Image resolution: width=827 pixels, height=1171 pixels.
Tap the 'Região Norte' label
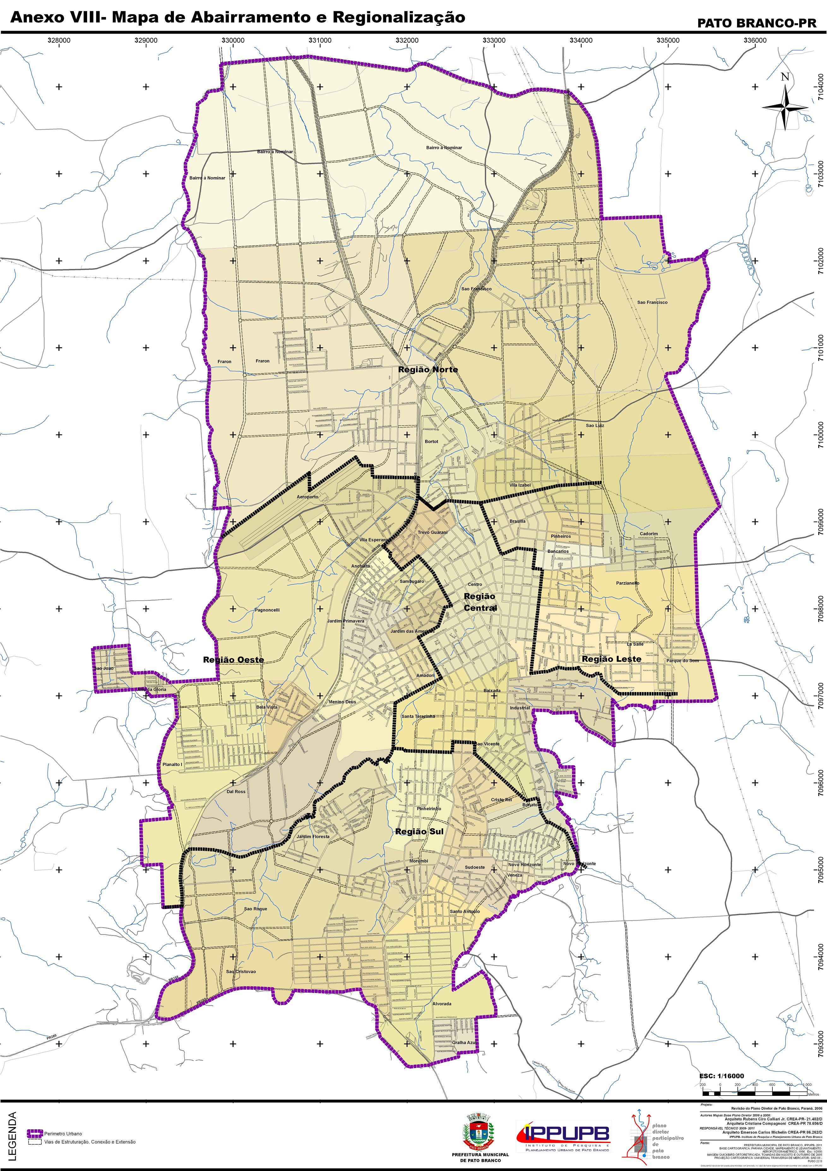pos(428,369)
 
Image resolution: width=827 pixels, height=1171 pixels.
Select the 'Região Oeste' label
pos(234,660)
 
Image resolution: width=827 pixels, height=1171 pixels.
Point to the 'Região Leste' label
pos(611,659)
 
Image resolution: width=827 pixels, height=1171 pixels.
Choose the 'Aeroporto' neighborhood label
pos(307,496)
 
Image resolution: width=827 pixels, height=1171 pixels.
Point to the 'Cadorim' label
pos(649,534)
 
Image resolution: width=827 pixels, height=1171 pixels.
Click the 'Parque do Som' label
pos(682,660)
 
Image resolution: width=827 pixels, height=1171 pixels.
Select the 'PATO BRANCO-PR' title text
pos(749,23)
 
